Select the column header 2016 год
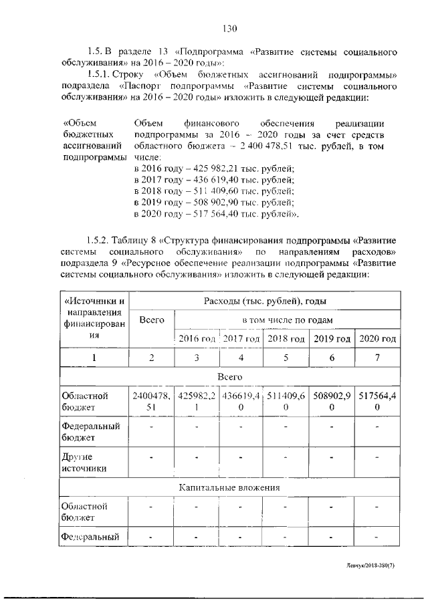coord(197,339)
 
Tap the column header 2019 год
coord(332,339)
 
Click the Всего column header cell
coord(152,320)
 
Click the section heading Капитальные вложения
coord(229,488)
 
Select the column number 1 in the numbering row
coord(94,358)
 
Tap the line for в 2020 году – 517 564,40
coord(216,214)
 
